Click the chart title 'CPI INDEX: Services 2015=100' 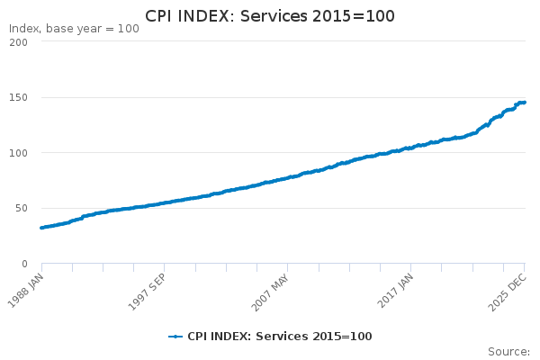(270, 16)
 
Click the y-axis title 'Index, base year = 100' (74, 29)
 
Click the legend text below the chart (279, 337)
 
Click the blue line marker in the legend (175, 337)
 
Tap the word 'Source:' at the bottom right (508, 351)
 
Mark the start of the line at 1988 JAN (41, 228)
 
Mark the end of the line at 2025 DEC (525, 102)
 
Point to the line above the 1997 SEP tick (164, 202)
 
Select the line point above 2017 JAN (411, 148)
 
